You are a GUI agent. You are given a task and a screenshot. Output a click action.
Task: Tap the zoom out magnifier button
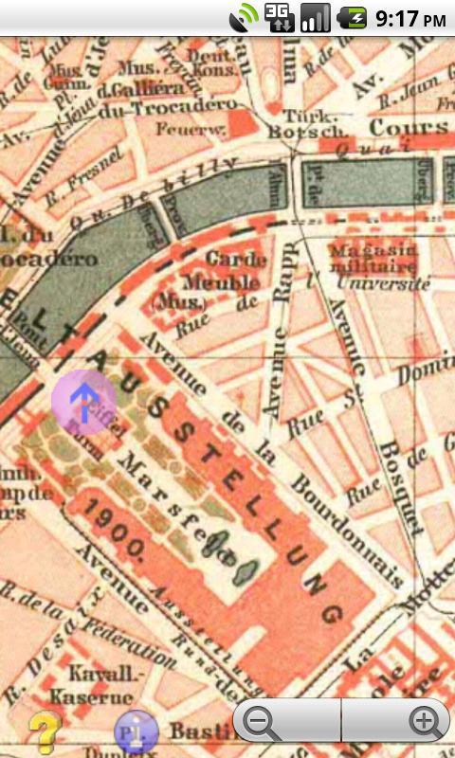(262, 723)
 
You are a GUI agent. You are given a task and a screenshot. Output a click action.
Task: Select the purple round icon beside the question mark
(135, 731)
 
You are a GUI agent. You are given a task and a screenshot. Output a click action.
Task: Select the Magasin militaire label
(375, 257)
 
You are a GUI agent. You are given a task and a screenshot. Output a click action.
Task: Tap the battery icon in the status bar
(355, 17)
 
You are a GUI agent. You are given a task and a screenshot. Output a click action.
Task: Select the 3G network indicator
(279, 17)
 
